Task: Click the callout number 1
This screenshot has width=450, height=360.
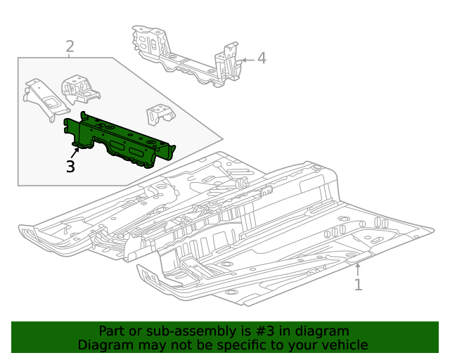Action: click(358, 285)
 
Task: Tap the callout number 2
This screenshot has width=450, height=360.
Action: click(70, 47)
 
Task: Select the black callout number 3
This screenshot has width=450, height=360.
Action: click(70, 167)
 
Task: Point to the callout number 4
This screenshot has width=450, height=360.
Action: click(262, 58)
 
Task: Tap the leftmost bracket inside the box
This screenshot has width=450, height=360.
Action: click(44, 98)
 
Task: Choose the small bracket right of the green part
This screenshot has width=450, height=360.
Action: click(160, 115)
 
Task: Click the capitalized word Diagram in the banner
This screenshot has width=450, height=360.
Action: click(104, 345)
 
